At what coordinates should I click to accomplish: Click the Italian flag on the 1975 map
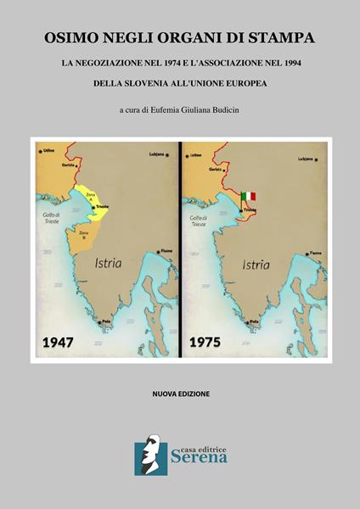tap(248, 196)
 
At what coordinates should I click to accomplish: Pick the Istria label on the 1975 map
tap(257, 263)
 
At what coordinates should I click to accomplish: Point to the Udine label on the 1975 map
tap(196, 155)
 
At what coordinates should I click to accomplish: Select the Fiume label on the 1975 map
tap(315, 253)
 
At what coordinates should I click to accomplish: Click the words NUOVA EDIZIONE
tap(179, 394)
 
